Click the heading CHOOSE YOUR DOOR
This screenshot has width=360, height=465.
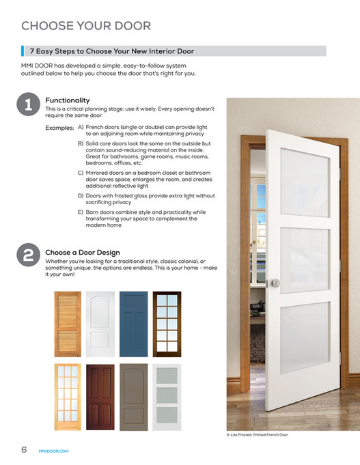pos(86,27)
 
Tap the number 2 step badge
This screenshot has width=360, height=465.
pos(28,256)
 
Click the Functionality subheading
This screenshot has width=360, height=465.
pos(67,100)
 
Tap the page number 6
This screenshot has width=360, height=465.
pos(23,449)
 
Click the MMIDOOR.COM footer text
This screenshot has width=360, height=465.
pos(54,451)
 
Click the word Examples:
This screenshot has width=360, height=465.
pos(59,128)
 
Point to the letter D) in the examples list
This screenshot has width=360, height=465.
pos(81,195)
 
